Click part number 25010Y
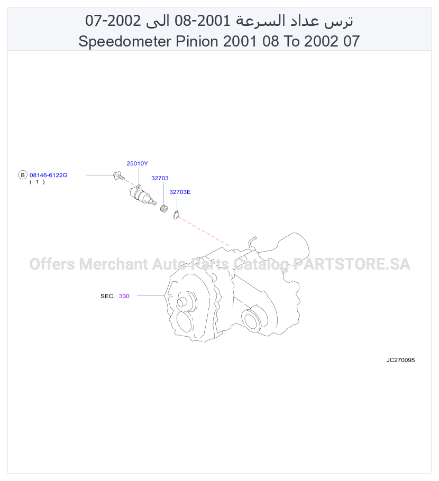click(x=137, y=163)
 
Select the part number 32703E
click(x=180, y=192)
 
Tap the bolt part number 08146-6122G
click(x=49, y=175)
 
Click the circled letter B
click(x=22, y=175)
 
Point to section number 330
click(x=124, y=296)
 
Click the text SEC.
click(x=107, y=296)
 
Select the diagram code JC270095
click(x=400, y=360)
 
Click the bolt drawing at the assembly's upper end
click(x=119, y=176)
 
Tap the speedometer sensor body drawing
click(x=142, y=195)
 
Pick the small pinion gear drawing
click(x=164, y=209)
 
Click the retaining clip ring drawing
click(x=176, y=215)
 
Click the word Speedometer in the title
click(x=125, y=41)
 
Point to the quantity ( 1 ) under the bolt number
click(x=37, y=182)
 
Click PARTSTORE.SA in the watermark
click(x=352, y=264)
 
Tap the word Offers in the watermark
click(x=52, y=264)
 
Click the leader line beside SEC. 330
click(x=151, y=295)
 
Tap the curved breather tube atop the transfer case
click(x=253, y=242)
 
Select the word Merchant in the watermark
click(x=114, y=264)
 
